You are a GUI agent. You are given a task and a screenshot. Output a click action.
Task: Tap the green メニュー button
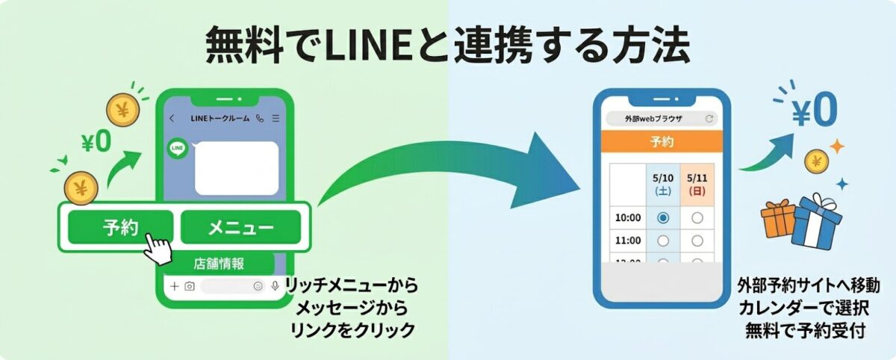(x=240, y=227)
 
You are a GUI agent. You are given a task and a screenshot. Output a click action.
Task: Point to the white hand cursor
(x=158, y=247)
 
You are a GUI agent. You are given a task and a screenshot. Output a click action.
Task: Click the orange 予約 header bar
(x=662, y=141)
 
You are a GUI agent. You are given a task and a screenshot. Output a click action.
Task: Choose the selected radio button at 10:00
(x=662, y=217)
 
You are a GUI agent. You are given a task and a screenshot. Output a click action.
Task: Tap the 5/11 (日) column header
(x=697, y=184)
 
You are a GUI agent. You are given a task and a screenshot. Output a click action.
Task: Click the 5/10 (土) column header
(x=662, y=184)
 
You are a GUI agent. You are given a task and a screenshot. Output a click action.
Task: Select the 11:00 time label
(x=629, y=240)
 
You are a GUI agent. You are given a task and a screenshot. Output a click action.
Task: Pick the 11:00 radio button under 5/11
(x=697, y=240)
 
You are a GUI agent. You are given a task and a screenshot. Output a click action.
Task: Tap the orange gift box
(x=778, y=219)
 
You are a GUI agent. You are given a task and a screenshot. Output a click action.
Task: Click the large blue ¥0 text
(x=814, y=112)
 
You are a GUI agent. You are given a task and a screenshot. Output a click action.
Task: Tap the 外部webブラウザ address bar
(x=662, y=119)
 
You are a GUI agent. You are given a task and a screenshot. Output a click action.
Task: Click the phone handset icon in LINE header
(x=260, y=119)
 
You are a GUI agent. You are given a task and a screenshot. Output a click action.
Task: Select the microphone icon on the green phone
(x=276, y=286)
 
